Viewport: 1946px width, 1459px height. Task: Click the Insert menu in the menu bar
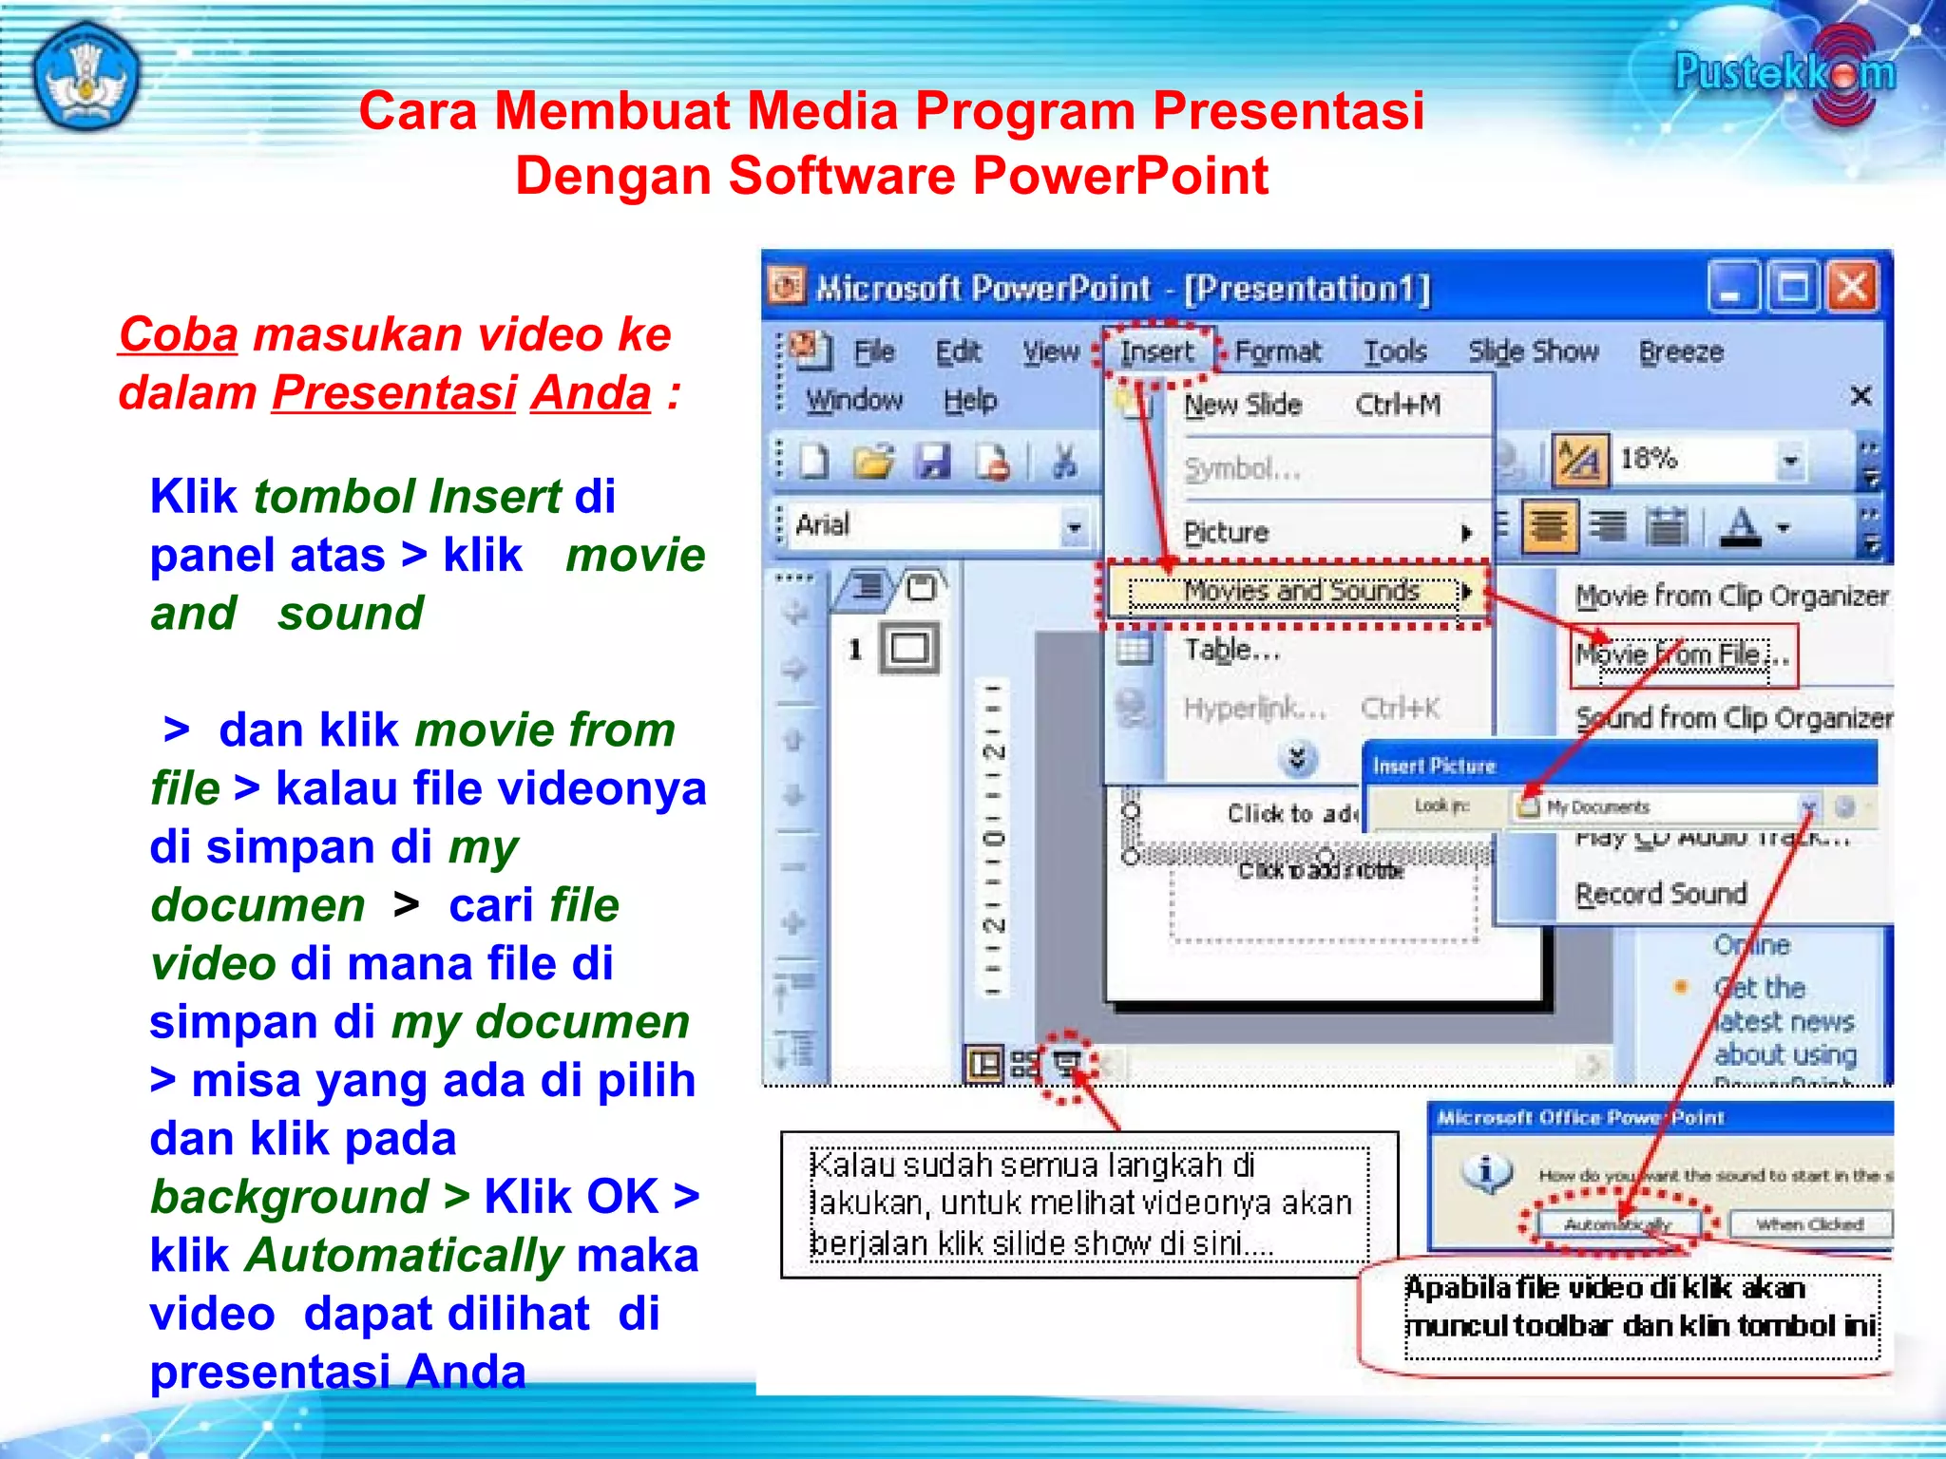(1155, 352)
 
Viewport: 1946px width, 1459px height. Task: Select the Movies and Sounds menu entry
(1300, 592)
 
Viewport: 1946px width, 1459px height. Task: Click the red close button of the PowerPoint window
(1853, 287)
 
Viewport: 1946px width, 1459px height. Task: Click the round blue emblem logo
(86, 76)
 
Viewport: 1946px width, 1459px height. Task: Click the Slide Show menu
(1533, 352)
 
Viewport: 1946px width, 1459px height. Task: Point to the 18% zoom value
(1649, 459)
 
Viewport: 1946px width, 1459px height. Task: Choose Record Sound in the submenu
(1660, 894)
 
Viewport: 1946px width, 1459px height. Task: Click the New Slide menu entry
(1242, 406)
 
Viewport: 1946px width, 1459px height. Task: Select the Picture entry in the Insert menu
(1226, 532)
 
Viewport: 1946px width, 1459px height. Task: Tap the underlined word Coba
(178, 335)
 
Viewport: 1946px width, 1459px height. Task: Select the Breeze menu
(1680, 352)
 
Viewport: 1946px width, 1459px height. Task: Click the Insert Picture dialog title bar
(1615, 766)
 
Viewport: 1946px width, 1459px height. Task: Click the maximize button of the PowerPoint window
(1792, 287)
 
